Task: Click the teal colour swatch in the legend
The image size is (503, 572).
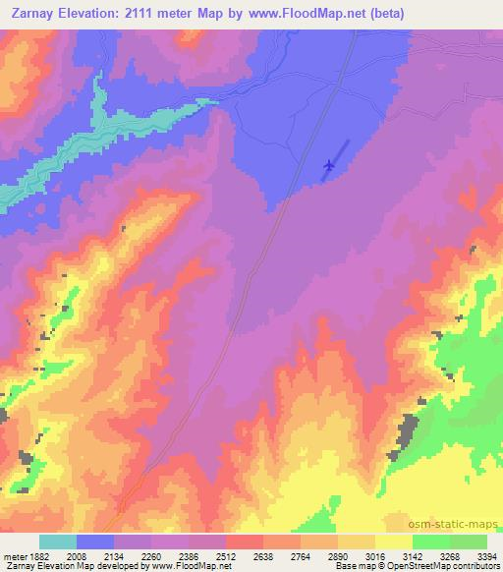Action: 57,542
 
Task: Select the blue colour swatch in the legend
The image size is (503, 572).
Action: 95,542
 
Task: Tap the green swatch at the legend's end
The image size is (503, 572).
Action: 468,542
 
